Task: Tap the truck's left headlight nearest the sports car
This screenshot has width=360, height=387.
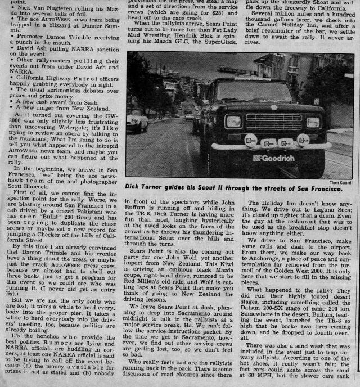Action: click(233, 121)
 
